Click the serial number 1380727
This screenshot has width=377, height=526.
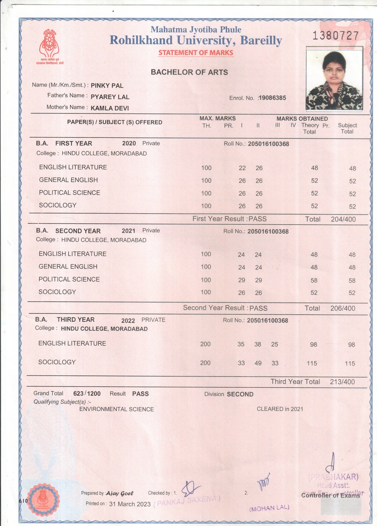click(x=335, y=36)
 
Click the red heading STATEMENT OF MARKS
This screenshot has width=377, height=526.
click(x=196, y=53)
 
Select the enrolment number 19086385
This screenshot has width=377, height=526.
click(x=272, y=98)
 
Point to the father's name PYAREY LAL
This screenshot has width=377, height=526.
click(x=110, y=97)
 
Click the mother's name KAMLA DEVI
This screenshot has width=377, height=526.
click(x=110, y=108)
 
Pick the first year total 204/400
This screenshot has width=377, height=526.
click(x=343, y=219)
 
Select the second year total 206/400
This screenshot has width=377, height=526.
click(x=343, y=308)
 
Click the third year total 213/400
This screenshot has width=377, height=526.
click(x=342, y=382)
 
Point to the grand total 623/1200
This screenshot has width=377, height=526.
click(x=87, y=394)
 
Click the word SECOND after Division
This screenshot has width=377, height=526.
click(x=240, y=394)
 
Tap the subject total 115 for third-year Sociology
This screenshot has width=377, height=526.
click(x=350, y=364)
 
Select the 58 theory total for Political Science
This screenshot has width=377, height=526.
click(x=314, y=281)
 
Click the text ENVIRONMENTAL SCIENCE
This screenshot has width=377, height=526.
click(x=116, y=409)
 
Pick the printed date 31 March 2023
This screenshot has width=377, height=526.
click(x=130, y=504)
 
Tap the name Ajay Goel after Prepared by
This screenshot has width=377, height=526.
click(x=120, y=493)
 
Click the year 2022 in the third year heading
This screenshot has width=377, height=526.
click(x=128, y=321)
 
